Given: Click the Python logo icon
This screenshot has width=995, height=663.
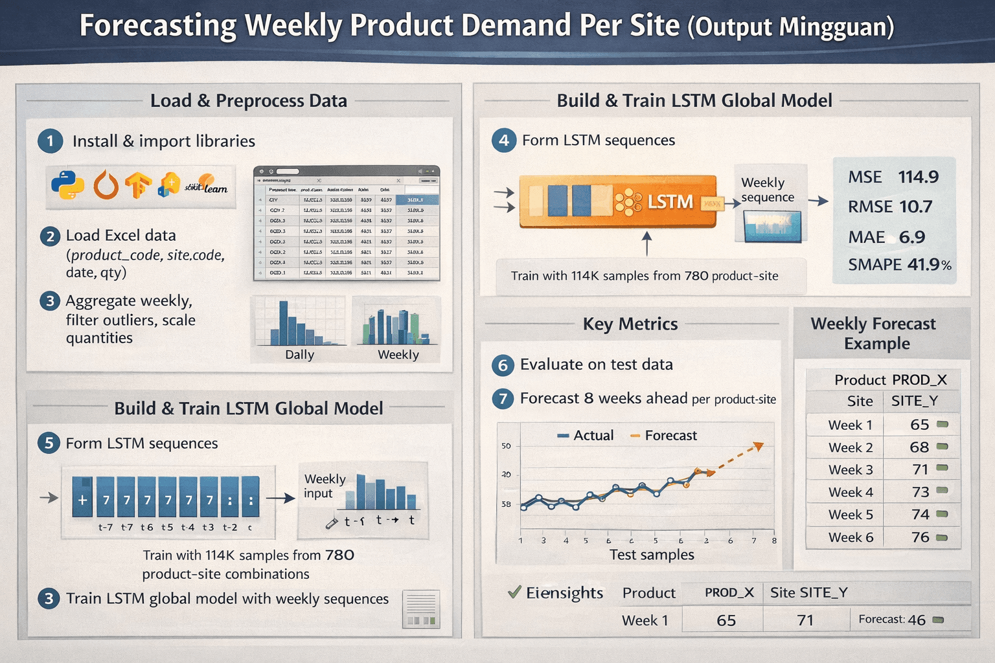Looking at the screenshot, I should click(x=67, y=185).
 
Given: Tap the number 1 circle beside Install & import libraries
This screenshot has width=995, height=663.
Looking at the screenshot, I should click(x=51, y=141).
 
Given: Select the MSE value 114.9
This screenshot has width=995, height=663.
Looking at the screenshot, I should click(x=918, y=177).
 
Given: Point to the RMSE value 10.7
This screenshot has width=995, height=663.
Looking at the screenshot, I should click(x=915, y=207).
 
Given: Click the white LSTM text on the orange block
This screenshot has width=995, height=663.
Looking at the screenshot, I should click(x=670, y=202).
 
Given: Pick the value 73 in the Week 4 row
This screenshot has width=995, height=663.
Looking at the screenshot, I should click(x=920, y=492).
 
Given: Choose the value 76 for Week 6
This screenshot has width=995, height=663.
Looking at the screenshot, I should click(x=920, y=537).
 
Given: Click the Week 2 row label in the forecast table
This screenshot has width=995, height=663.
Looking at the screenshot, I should click(x=850, y=447).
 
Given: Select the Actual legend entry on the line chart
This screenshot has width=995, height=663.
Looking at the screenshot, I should click(x=586, y=436).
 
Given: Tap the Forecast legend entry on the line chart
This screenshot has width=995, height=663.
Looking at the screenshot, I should click(x=663, y=436).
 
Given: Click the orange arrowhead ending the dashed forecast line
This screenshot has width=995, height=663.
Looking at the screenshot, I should click(x=759, y=446).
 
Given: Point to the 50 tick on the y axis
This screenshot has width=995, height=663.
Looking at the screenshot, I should click(x=506, y=446).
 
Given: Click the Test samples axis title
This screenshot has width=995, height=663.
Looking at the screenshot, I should click(x=652, y=555).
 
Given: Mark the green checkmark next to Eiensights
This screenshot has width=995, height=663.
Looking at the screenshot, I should click(x=514, y=592).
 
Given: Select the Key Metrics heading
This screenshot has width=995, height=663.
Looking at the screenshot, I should click(x=630, y=324).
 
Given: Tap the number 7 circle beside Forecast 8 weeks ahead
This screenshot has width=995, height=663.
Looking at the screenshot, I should click(x=503, y=398).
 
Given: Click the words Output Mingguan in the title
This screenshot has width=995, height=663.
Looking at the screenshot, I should click(x=790, y=27).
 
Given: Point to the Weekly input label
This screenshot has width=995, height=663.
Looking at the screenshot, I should click(x=325, y=486).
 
